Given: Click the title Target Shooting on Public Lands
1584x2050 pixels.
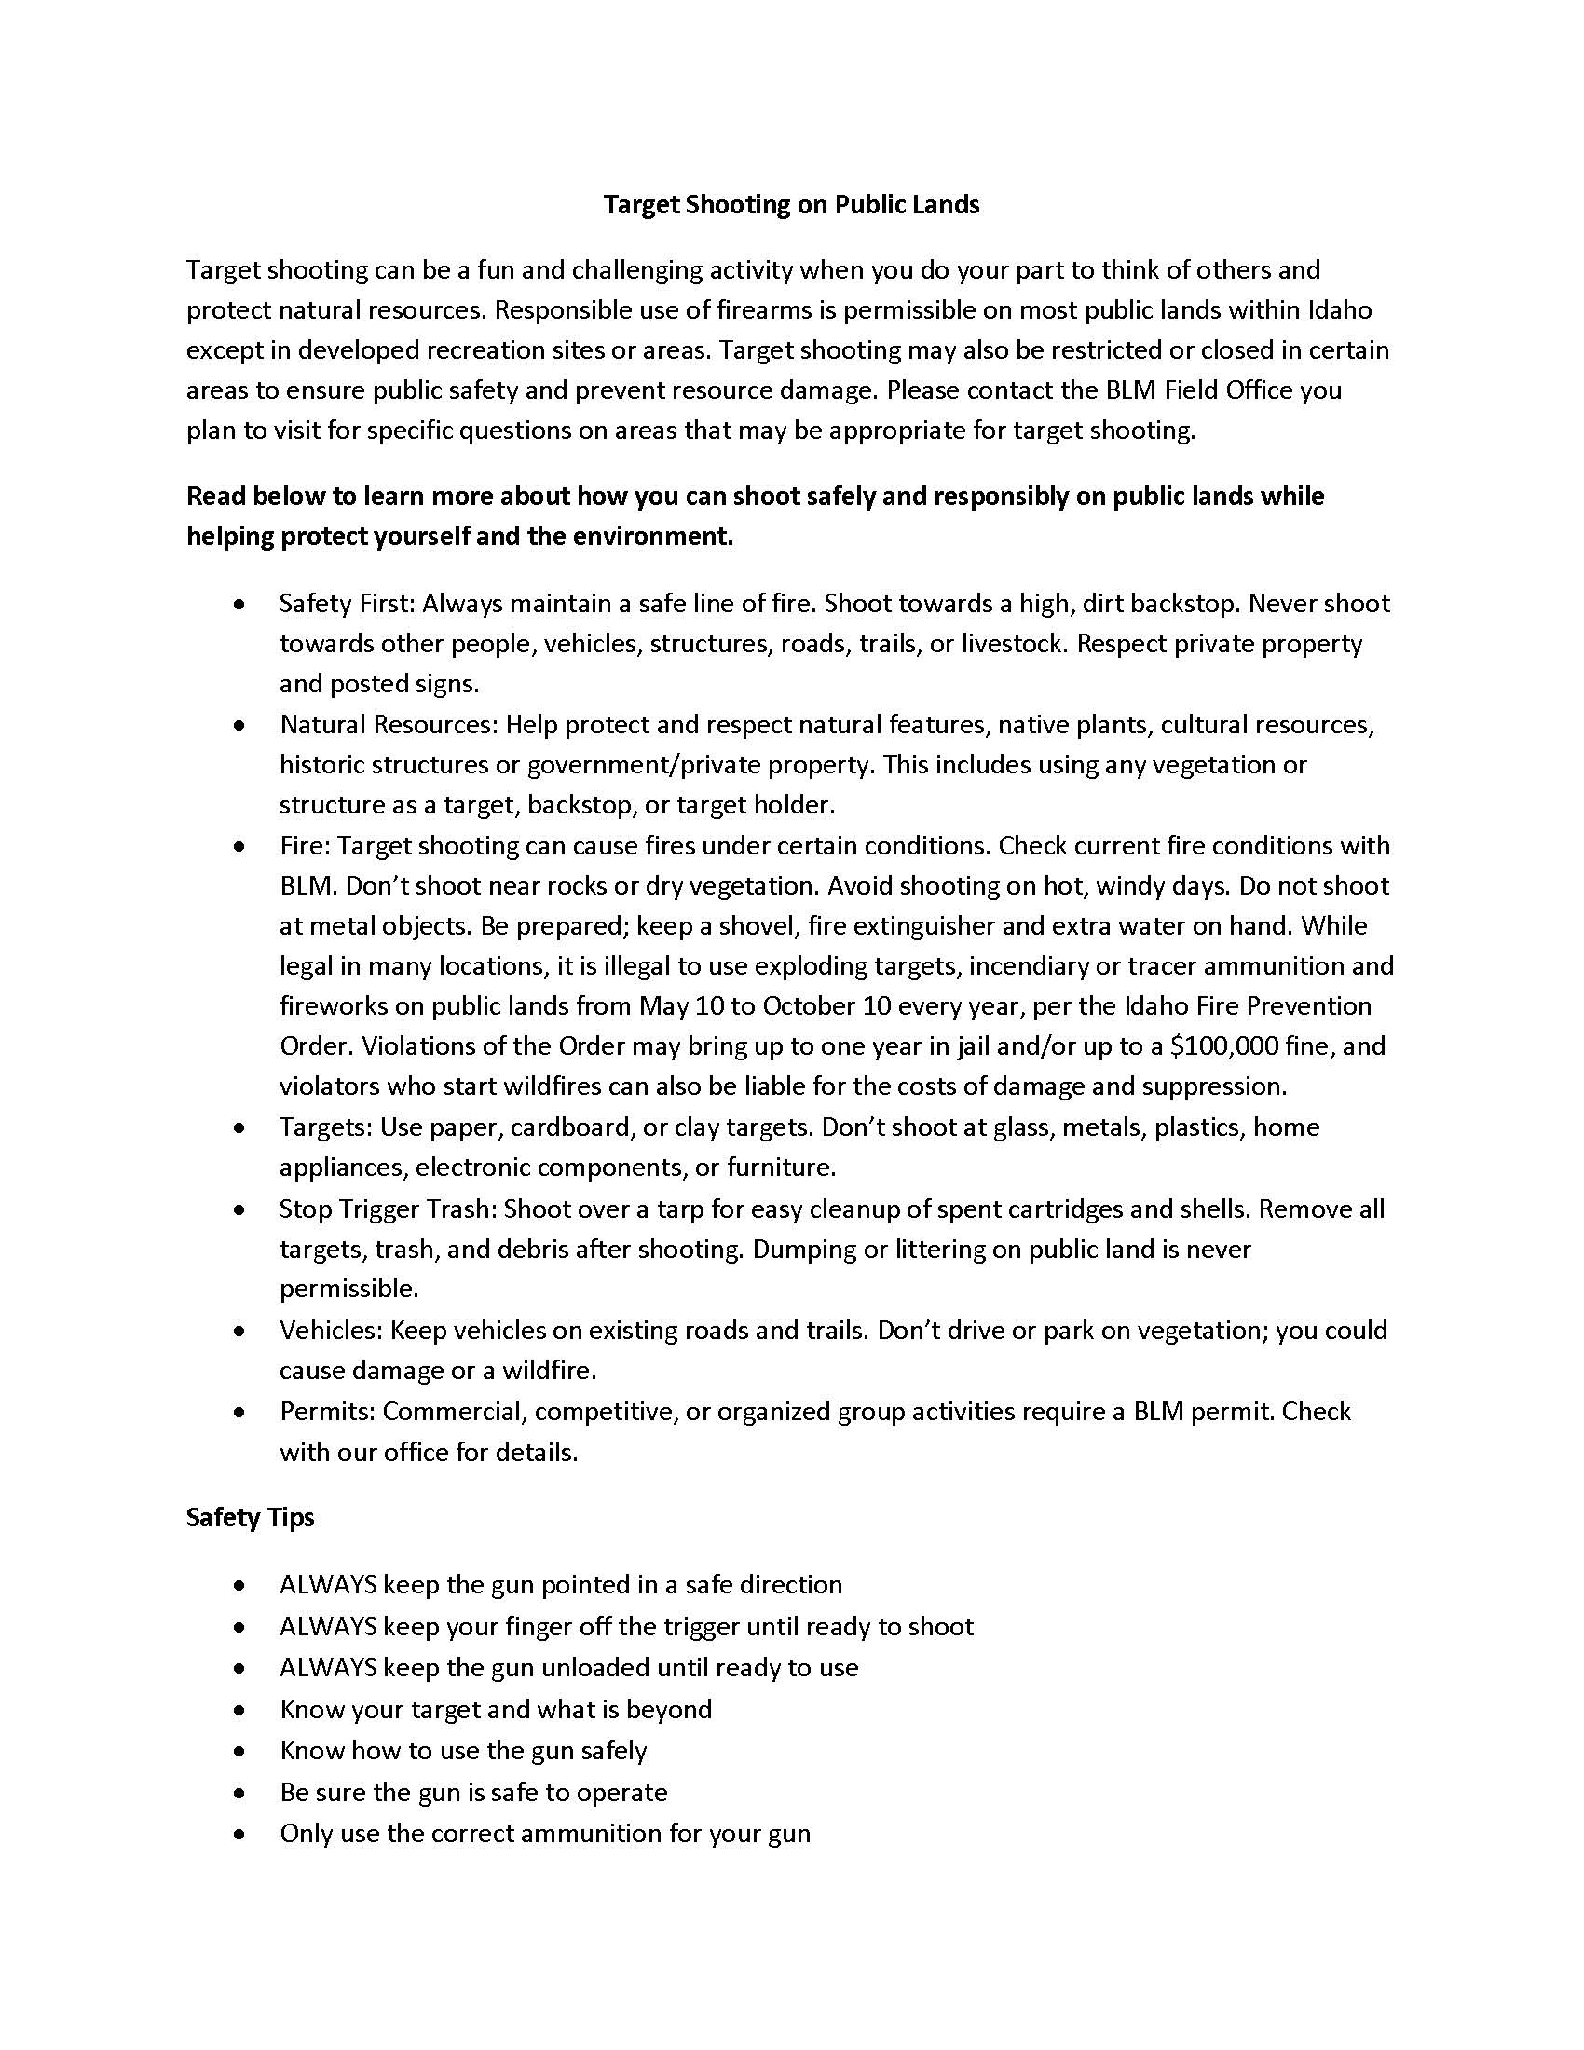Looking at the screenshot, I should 791,205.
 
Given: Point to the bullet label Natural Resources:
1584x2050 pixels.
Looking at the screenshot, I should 389,725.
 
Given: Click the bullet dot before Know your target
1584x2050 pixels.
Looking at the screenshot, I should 241,1709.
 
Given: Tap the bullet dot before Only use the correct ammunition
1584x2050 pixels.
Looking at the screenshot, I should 241,1834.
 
